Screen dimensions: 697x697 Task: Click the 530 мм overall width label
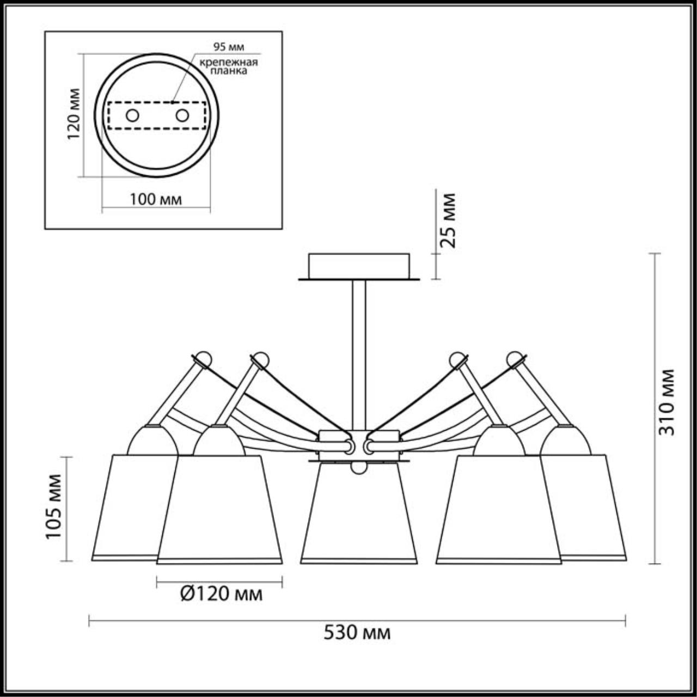pos(357,633)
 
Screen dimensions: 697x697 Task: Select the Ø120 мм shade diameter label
pos(221,594)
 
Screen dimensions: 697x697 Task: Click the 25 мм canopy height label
pos(449,220)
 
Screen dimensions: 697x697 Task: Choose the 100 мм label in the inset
pos(156,199)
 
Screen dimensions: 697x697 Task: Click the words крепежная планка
pos(228,66)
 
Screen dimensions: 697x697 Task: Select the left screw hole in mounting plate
pos(132,115)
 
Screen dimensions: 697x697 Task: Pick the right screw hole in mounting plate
pos(182,115)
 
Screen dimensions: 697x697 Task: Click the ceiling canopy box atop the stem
pos(359,265)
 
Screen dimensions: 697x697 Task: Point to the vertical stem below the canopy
pos(359,354)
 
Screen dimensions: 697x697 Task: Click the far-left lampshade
pos(131,506)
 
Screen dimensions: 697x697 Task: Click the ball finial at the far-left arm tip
pos(203,358)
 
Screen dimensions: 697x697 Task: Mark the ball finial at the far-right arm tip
pos(515,358)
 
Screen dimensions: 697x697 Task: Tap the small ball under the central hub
pos(358,467)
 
